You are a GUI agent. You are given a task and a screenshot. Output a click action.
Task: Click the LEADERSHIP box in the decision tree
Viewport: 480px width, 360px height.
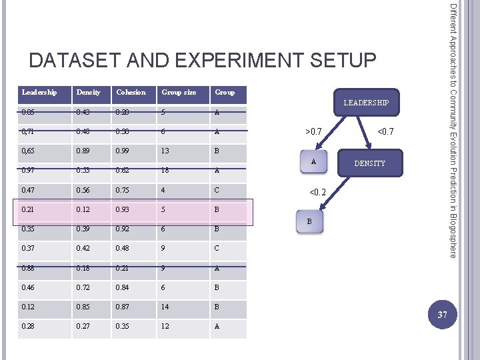tap(366, 103)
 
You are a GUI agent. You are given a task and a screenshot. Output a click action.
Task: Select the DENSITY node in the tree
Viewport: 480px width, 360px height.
tap(369, 163)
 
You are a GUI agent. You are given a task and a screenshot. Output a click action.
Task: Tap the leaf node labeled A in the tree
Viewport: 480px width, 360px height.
tap(313, 162)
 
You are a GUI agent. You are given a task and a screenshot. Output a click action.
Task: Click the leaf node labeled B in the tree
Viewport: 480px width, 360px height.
tap(309, 221)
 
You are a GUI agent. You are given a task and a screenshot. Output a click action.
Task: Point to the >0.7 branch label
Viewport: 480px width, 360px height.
tap(313, 133)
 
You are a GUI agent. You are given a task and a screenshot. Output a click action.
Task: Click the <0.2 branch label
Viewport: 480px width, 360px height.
tap(317, 192)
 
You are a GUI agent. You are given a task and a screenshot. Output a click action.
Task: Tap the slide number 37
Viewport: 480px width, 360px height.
tap(441, 314)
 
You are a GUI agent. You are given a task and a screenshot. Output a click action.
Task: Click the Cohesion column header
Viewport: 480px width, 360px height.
tap(131, 92)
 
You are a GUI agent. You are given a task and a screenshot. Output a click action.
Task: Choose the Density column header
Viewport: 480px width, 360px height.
tap(89, 92)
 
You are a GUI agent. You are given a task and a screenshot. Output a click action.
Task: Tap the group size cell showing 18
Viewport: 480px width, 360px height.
tap(165, 171)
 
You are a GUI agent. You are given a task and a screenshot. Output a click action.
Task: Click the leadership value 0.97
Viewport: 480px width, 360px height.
tap(29, 171)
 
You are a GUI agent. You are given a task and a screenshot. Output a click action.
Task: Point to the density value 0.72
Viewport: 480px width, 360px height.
tap(84, 288)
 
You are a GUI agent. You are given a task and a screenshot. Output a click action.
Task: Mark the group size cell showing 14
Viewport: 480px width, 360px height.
tap(165, 308)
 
